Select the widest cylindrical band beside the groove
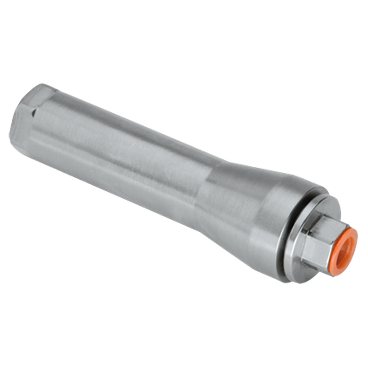pos(265,228)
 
